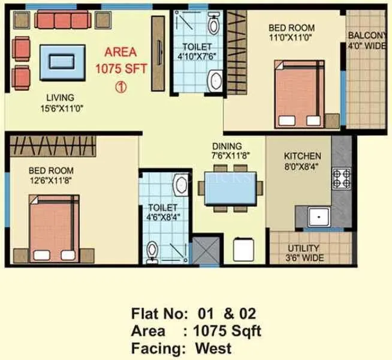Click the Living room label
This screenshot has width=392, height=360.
click(x=60, y=97)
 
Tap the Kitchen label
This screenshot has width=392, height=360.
click(x=303, y=156)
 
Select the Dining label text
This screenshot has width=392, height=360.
click(x=227, y=146)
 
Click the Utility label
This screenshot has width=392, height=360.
click(x=303, y=248)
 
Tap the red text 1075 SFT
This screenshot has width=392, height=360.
click(x=120, y=68)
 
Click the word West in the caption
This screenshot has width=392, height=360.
click(x=212, y=347)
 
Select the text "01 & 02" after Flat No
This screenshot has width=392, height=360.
click(x=225, y=314)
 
